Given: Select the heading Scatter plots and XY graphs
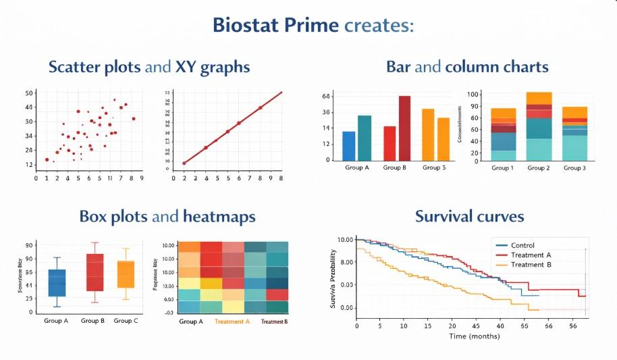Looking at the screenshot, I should click(x=149, y=68).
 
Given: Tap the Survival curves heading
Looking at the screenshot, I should click(x=469, y=217).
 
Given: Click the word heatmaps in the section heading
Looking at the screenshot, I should click(x=219, y=217).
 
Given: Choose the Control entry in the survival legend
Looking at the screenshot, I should click(x=522, y=245).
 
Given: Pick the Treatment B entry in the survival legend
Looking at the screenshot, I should click(x=532, y=264).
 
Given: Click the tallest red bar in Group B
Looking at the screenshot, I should click(x=404, y=128).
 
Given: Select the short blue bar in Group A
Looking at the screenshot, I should click(x=349, y=145).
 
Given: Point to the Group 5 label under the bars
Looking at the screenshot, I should click(x=434, y=168).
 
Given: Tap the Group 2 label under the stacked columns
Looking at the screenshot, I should click(x=539, y=168).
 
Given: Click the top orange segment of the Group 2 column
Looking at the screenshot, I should click(x=539, y=98).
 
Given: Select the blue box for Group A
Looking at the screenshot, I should click(x=57, y=282).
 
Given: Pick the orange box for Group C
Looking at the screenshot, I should click(x=126, y=274).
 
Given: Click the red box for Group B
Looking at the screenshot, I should click(x=95, y=272).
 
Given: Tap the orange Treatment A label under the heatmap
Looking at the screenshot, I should click(x=232, y=322).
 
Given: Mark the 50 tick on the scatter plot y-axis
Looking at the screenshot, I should click(x=29, y=93).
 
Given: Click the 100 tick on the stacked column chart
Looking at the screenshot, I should click(x=473, y=94).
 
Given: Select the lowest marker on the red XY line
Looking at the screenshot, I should click(x=184, y=163).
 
